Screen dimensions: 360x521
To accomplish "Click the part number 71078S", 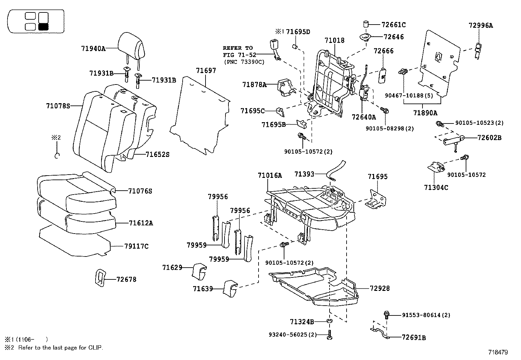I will point(58,106).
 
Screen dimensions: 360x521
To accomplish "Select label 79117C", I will point(136,246).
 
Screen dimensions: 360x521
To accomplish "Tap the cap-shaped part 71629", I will point(199,271).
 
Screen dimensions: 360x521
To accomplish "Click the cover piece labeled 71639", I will point(230,288).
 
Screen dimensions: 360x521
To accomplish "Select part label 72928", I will point(380,288).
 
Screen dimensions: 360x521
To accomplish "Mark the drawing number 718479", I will point(498,352).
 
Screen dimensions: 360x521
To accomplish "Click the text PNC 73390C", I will point(244,61).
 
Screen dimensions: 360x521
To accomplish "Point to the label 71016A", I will point(270,176).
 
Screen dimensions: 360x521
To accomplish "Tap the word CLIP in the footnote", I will point(95,348).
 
